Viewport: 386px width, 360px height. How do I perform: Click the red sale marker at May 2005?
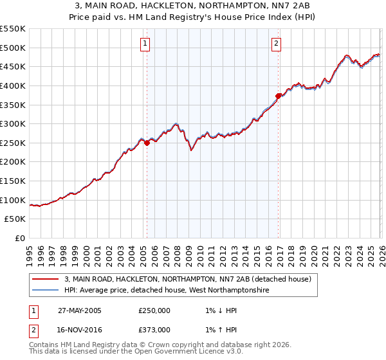tap(147, 143)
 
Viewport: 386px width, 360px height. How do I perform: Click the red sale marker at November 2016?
tap(278, 96)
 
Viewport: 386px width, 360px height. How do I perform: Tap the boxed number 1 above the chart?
tap(145, 44)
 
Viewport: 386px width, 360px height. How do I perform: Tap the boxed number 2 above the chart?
tap(276, 44)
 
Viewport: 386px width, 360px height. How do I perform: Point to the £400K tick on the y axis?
tap(13, 85)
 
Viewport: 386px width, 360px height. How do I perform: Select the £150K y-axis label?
tap(13, 181)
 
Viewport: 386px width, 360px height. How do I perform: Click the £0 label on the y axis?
tap(21, 239)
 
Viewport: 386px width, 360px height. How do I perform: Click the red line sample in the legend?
tap(46, 279)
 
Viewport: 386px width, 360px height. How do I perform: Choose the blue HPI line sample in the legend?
tap(46, 291)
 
